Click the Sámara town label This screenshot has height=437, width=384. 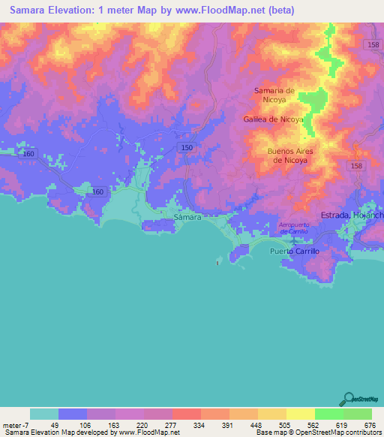(x=187, y=216)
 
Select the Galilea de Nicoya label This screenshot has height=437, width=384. (x=273, y=119)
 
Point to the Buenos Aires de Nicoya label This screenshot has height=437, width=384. (x=289, y=155)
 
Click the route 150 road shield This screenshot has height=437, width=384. (x=187, y=149)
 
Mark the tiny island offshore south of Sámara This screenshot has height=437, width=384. (x=218, y=262)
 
